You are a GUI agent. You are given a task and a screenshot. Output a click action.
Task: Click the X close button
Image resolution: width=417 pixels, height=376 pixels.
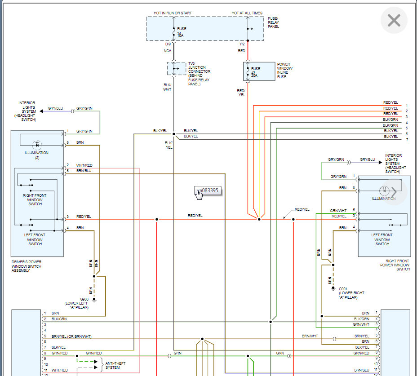[394, 21]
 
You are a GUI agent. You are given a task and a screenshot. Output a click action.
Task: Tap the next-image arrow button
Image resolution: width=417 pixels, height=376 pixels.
[394, 191]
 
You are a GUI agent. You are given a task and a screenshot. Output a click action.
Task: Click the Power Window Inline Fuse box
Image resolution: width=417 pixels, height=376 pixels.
[259, 71]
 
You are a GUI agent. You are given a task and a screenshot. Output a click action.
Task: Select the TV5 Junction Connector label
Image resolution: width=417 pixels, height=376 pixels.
[199, 74]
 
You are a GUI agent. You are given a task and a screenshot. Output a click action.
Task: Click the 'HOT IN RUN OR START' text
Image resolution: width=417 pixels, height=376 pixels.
[173, 13]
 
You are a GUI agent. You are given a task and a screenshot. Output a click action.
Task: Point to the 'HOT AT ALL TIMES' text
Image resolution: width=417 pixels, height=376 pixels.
[247, 13]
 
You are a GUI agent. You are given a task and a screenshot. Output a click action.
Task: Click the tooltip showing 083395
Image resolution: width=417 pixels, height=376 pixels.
[208, 190]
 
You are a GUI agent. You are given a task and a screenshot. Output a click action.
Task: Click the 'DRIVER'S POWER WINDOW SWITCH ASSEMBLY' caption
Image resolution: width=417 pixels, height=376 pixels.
[26, 266]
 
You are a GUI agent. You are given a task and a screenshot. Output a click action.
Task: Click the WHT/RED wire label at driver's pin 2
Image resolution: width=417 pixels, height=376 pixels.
[84, 165]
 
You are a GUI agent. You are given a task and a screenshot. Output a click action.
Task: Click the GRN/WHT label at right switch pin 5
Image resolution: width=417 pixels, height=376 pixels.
[338, 210]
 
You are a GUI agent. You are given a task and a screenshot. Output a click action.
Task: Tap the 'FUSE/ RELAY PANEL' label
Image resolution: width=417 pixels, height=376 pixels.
[273, 22]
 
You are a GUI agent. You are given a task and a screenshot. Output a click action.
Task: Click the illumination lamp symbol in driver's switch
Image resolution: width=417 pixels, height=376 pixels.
[37, 145]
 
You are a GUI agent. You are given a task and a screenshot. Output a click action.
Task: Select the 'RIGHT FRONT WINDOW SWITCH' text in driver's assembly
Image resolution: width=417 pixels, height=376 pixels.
[35, 199]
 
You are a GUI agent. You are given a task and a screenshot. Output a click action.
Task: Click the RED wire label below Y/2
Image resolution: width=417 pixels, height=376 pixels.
[242, 51]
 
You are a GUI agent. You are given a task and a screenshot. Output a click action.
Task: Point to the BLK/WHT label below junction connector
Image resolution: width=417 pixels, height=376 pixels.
[167, 87]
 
